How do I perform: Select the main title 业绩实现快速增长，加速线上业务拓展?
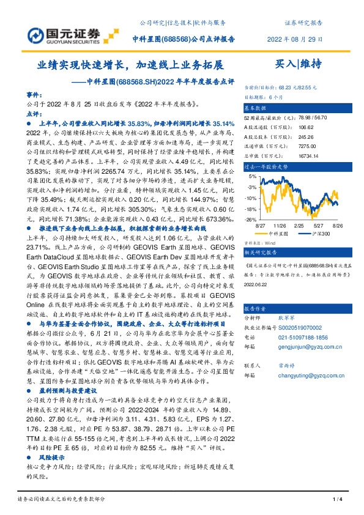130,64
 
